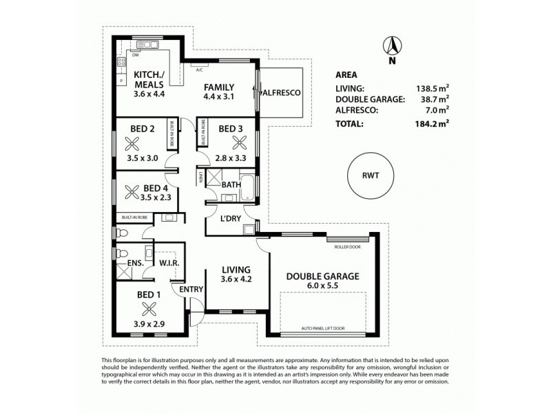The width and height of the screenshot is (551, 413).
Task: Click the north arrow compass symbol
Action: pyautogui.click(x=392, y=47)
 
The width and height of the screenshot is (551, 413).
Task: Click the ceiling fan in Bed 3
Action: pyautogui.click(x=240, y=143)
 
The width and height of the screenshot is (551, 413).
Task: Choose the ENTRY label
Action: pyautogui.click(x=191, y=290)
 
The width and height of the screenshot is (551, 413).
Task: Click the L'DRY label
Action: pyautogui.click(x=231, y=218)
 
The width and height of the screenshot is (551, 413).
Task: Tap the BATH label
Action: pyautogui.click(x=230, y=184)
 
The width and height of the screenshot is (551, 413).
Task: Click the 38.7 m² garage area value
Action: pyautogui.click(x=434, y=100)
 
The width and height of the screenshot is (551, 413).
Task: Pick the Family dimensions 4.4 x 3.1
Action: pyautogui.click(x=219, y=98)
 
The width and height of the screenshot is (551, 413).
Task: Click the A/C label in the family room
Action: pyautogui.click(x=199, y=70)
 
